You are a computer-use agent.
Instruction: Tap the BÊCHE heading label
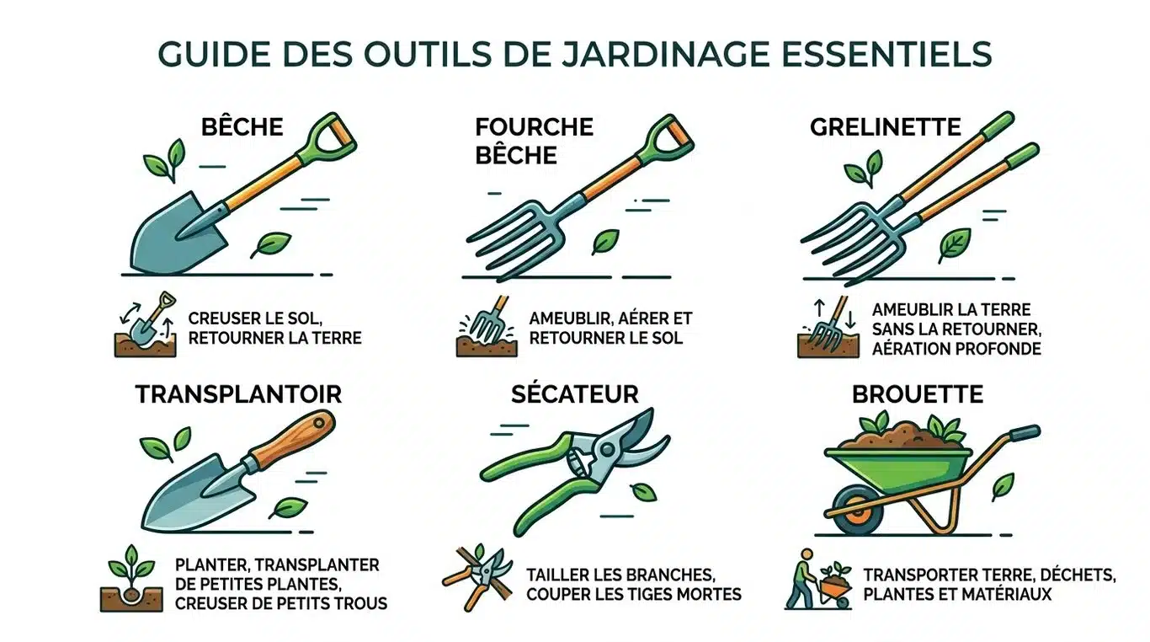[242, 127]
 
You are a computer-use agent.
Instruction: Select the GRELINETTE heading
[885, 127]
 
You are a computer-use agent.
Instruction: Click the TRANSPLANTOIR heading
[239, 393]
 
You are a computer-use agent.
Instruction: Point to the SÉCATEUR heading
[575, 393]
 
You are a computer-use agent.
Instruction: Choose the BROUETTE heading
[917, 393]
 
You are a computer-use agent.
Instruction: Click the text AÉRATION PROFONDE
[957, 348]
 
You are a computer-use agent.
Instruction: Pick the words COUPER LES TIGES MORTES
[634, 594]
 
